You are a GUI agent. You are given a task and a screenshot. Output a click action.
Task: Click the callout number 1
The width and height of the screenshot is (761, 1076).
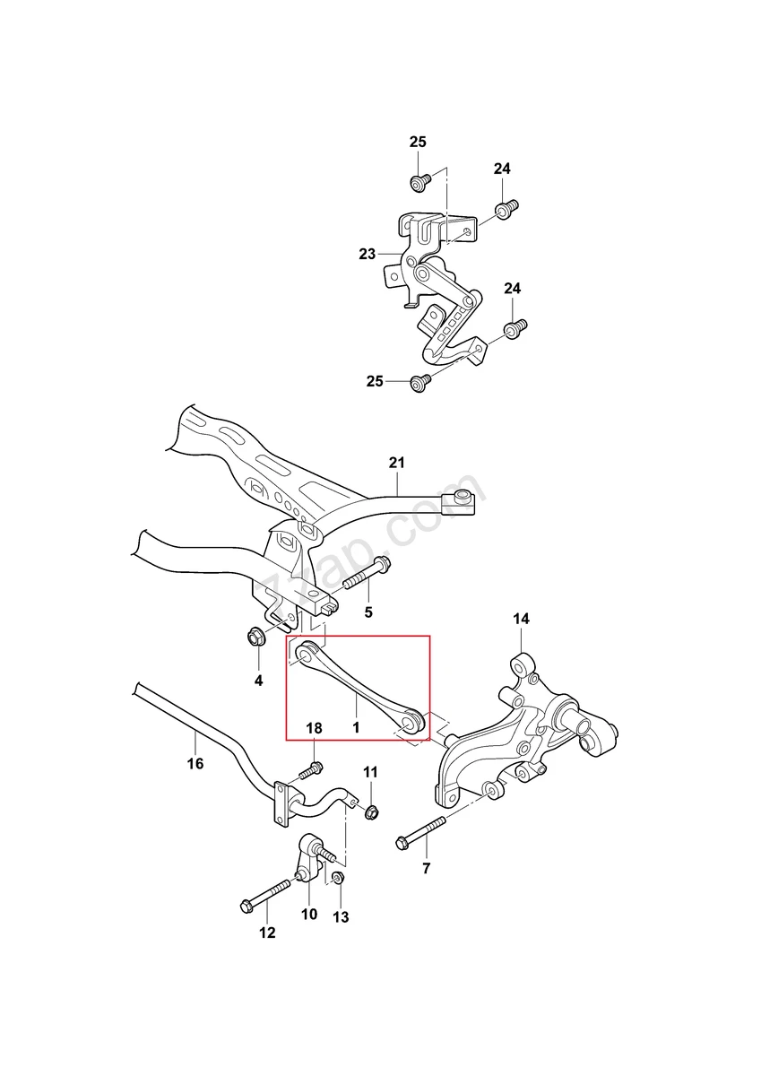coord(356,728)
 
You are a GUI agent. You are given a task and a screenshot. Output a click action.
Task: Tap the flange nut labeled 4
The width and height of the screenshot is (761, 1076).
coord(255,639)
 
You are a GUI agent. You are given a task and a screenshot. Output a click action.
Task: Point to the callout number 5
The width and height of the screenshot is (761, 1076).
coord(368,612)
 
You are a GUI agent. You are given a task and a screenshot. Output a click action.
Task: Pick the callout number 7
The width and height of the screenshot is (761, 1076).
coord(426,868)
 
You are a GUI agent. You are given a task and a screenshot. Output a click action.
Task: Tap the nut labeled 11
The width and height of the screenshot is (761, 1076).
coord(370,811)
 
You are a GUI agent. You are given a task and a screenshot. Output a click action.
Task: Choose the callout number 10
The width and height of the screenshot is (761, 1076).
coord(308,915)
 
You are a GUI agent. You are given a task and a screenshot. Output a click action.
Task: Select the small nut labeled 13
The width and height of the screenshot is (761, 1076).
coord(338,877)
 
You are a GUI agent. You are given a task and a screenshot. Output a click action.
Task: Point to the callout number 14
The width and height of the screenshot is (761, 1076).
coord(521,619)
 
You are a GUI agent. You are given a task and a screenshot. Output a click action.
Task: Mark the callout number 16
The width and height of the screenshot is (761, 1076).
coord(195,763)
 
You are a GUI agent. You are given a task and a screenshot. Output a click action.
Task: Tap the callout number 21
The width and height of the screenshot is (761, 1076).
coord(396,463)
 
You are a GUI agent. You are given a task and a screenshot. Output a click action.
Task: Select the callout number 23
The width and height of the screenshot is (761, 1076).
coord(367,254)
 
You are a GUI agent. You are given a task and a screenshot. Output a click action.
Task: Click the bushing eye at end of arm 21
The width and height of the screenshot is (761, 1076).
coord(464,499)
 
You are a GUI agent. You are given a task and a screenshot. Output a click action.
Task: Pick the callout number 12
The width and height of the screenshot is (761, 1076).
coord(267,933)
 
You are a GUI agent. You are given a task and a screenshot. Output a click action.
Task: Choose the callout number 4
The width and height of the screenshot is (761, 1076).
coord(258,681)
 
